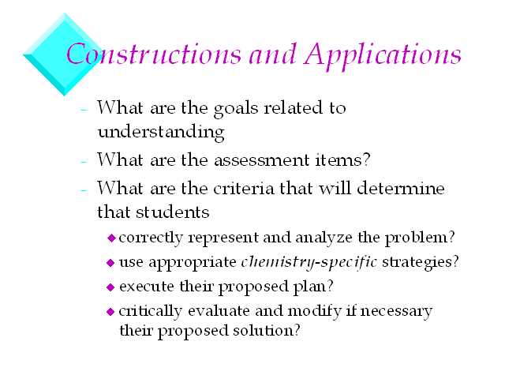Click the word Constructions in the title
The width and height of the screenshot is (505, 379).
pos(154,54)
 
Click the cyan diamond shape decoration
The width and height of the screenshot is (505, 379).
pos(63,54)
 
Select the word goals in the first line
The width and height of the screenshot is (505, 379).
pos(236,109)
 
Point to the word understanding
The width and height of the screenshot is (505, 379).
pos(161,132)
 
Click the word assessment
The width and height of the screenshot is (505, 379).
pos(261,160)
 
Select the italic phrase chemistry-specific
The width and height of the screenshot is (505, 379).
pos(309,262)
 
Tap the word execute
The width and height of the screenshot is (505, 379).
pos(147,287)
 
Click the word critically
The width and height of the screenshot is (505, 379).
pos(150,312)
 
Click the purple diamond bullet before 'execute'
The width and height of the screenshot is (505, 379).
pos(110,287)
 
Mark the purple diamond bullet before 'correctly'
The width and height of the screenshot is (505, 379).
pos(111,238)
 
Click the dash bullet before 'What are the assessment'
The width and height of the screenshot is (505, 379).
pos(84,161)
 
